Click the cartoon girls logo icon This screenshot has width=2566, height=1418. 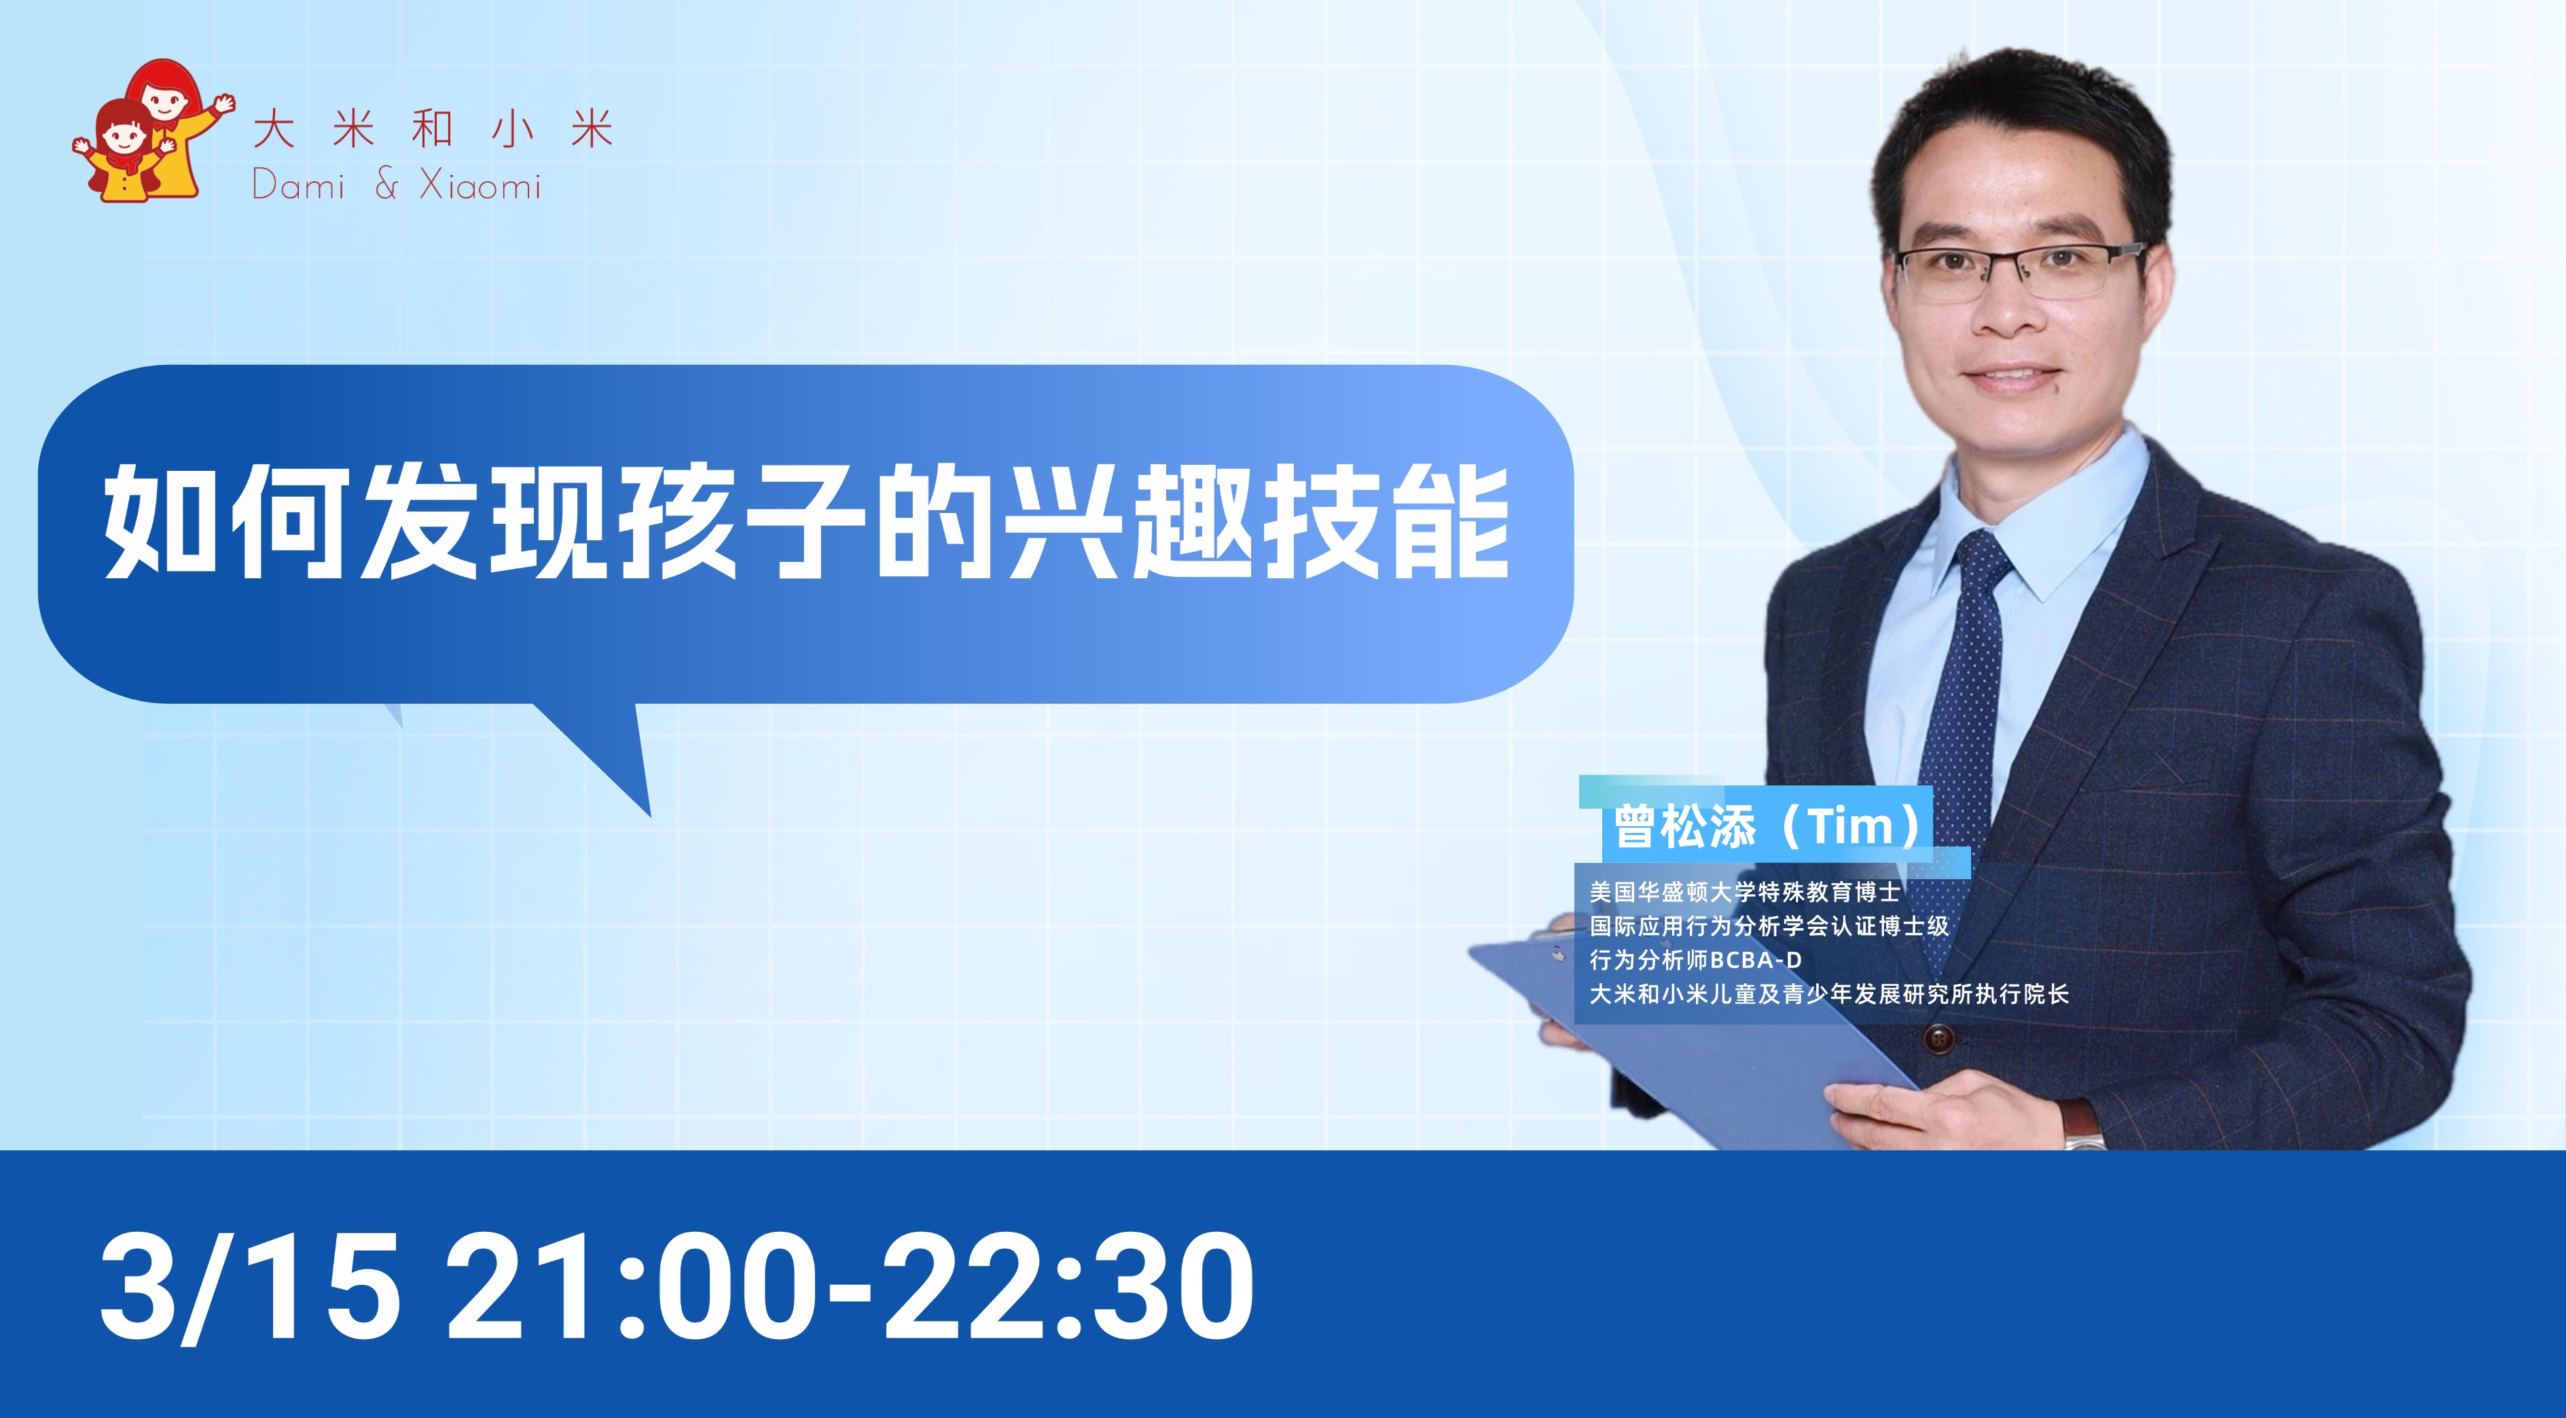pyautogui.click(x=152, y=132)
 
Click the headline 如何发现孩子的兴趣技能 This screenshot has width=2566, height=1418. pyautogui.click(x=806, y=521)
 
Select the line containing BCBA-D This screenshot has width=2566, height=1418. pyautogui.click(x=1695, y=959)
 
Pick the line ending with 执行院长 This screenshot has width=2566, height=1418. pyautogui.click(x=1829, y=993)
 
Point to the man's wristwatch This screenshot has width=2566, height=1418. pyautogui.click(x=2082, y=1124)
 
